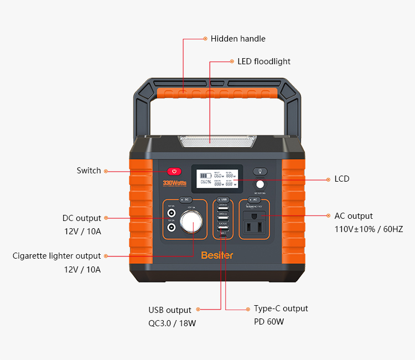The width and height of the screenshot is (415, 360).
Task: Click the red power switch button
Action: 174,172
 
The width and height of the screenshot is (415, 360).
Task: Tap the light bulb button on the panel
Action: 260,172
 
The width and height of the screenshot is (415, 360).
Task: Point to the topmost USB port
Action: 223,206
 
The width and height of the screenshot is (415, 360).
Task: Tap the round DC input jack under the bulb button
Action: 260,185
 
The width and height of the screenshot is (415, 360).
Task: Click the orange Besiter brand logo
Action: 217,255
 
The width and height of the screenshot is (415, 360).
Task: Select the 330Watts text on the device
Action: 174,183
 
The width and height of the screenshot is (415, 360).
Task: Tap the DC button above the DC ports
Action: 186,199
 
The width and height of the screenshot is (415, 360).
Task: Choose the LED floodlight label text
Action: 263,61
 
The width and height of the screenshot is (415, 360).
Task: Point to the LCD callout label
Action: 342,179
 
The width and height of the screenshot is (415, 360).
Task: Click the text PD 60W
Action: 269,322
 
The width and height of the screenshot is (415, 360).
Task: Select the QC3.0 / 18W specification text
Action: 172,323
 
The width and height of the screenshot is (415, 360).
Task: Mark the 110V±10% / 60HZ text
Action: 369,229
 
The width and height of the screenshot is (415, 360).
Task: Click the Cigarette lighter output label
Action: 57,256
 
